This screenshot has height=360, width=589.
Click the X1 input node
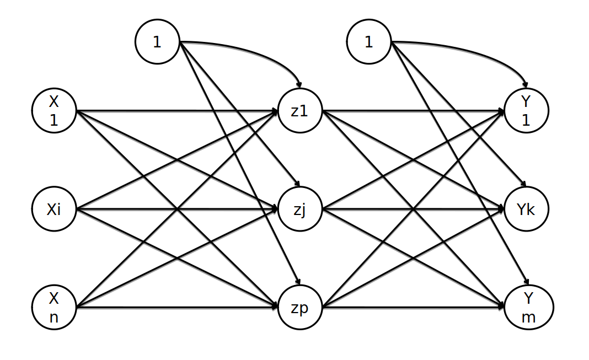point(53,111)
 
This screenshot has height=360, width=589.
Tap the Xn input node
point(53,308)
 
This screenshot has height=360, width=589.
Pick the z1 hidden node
point(299,111)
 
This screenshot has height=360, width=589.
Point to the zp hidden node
point(299,308)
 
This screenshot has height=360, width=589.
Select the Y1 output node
point(526,111)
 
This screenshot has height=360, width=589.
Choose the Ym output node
point(526,308)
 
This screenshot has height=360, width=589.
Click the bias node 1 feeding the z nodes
point(157,42)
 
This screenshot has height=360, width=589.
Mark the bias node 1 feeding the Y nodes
point(369,42)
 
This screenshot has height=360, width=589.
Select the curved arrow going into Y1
point(474,53)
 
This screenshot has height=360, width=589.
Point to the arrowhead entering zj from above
point(296,185)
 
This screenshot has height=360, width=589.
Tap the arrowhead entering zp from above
point(297,283)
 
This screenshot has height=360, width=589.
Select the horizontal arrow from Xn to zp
point(176,308)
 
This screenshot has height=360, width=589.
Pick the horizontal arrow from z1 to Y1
point(414,111)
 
